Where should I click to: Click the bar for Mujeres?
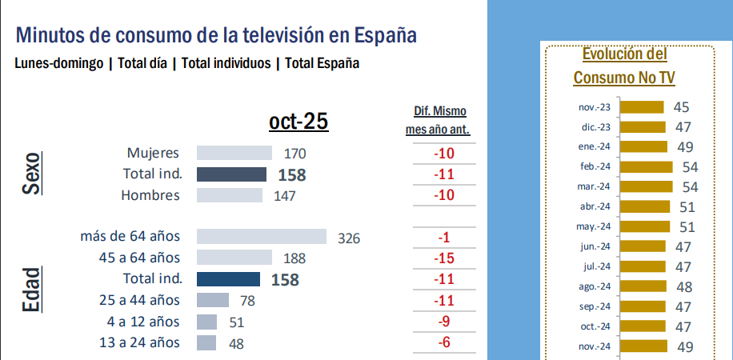tap(234, 153)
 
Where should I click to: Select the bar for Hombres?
tap(229, 195)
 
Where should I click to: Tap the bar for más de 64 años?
tap(261, 236)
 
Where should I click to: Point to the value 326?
tap(349, 238)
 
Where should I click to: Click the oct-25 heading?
tap(298, 121)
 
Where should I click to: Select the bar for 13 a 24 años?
tap(206, 342)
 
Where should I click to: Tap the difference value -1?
tap(443, 237)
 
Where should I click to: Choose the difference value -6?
tap(442, 342)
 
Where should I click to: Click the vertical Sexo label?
tap(31, 174)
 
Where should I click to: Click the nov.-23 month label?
tap(594, 107)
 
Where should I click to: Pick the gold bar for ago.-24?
tap(644, 286)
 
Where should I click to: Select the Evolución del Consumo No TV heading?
tap(624, 66)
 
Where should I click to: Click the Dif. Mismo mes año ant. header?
tap(439, 120)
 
